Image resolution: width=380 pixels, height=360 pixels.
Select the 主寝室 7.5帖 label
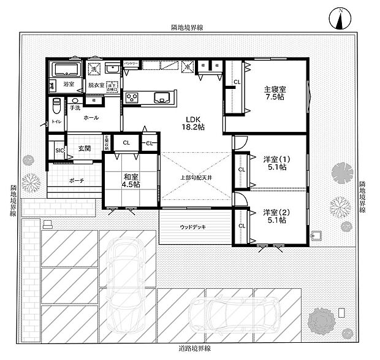coord(275,93)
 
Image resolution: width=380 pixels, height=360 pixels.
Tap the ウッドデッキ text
coord(192,227)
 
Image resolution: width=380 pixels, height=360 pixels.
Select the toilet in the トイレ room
coord(56,107)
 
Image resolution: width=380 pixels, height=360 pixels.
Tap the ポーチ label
coord(77,180)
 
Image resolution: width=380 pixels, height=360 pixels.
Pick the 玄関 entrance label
coord(85,148)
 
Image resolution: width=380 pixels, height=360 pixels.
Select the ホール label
coord(91,117)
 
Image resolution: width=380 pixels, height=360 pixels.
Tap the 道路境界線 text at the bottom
coord(191,348)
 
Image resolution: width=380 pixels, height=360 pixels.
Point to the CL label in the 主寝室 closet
coord(237,82)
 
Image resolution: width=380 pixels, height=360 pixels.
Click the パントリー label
coord(131,63)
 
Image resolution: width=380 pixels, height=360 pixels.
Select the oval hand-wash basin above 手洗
coord(74,101)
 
